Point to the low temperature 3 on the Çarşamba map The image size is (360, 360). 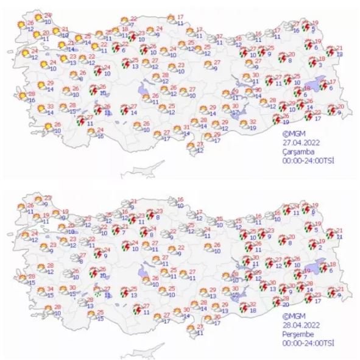(x=319, y=65)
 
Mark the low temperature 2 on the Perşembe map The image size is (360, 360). (x=319, y=247)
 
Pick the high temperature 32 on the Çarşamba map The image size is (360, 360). (x=252, y=122)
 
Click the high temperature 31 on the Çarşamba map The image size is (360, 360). (x=186, y=127)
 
